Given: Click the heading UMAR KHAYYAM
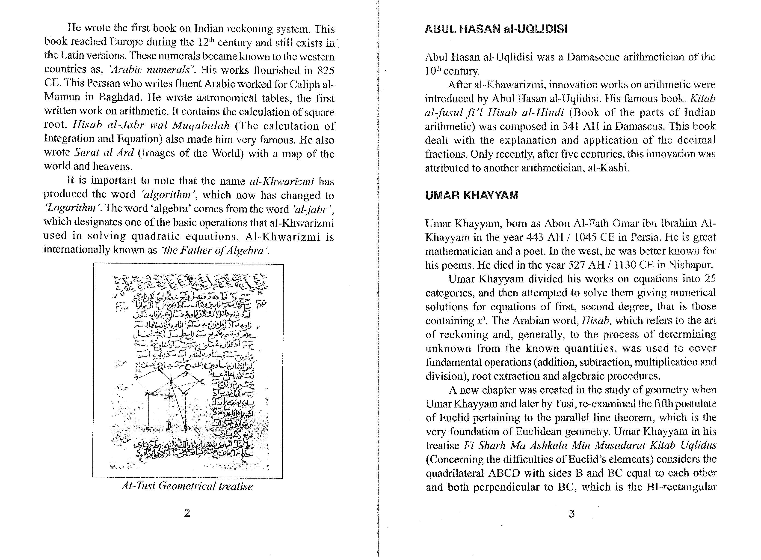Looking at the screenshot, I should pyautogui.click(x=472, y=196).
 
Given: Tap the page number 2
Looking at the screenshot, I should pyautogui.click(x=187, y=513).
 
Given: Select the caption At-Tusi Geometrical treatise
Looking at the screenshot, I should pyautogui.click(x=187, y=486).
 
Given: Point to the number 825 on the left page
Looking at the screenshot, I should pyautogui.click(x=326, y=71).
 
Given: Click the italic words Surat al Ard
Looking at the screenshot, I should pyautogui.click(x=104, y=153).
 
